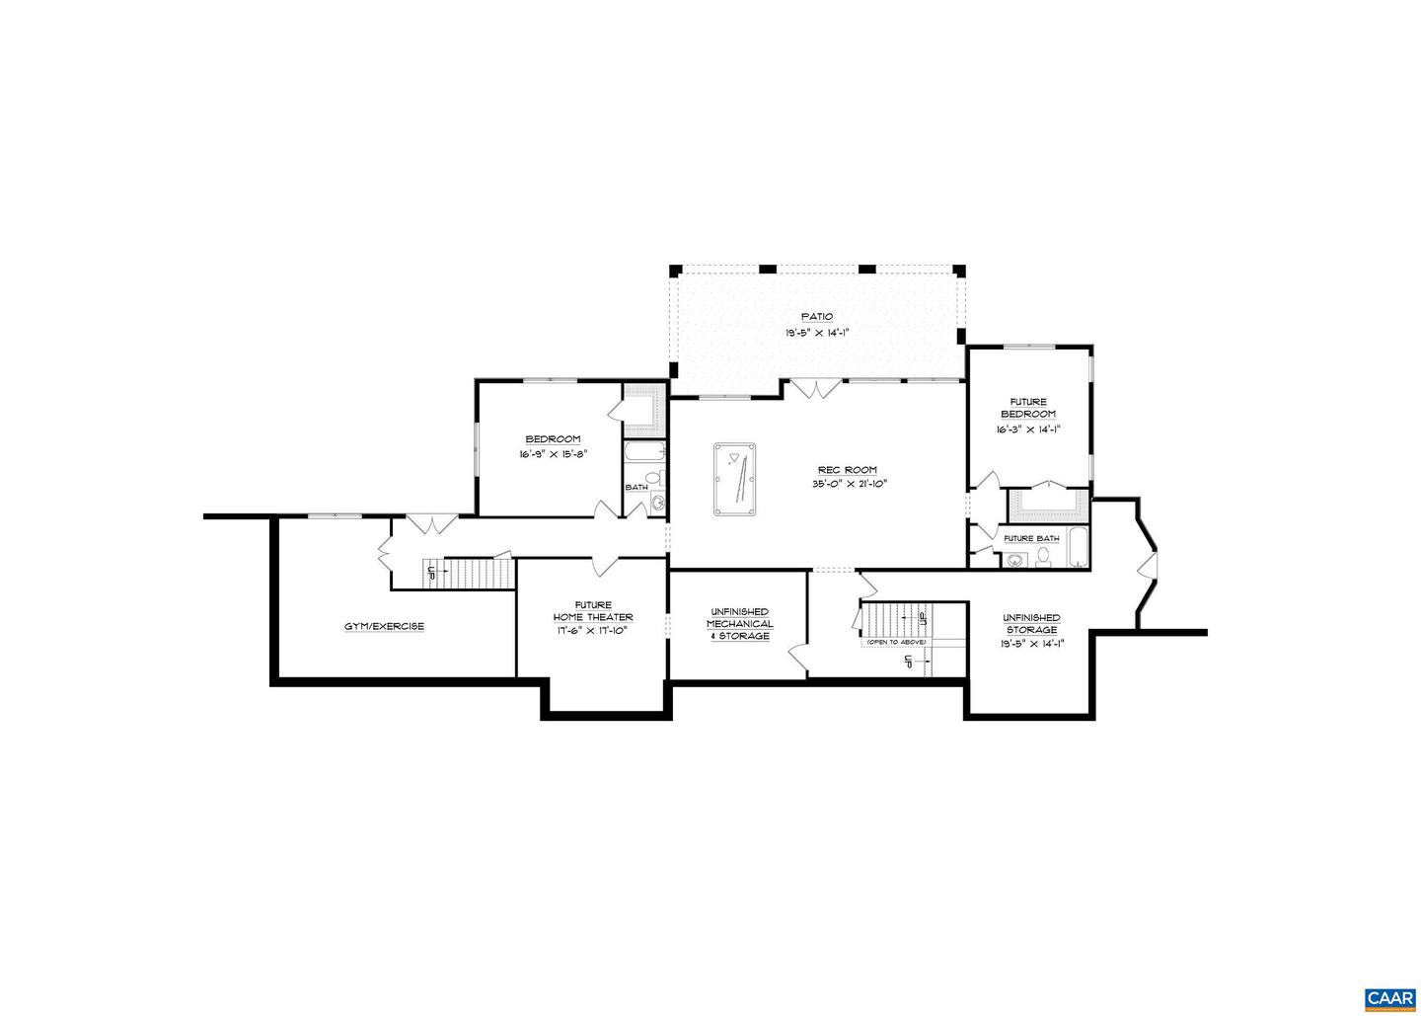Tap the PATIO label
pyautogui.click(x=816, y=317)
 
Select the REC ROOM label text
pyautogui.click(x=846, y=470)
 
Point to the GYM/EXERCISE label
pyautogui.click(x=384, y=626)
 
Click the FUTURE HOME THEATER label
pyautogui.click(x=592, y=611)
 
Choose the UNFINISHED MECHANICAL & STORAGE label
pyautogui.click(x=739, y=624)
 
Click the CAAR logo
pyautogui.click(x=1389, y=999)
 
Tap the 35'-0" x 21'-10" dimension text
pyautogui.click(x=846, y=484)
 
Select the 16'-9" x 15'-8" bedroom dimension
pyautogui.click(x=553, y=454)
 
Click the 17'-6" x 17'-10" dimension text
pyautogui.click(x=592, y=630)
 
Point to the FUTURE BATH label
pyautogui.click(x=1031, y=538)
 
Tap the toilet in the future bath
pyautogui.click(x=1043, y=559)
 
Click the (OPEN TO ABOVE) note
pyautogui.click(x=895, y=643)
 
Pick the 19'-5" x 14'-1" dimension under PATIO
pyautogui.click(x=816, y=333)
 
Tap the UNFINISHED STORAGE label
pyautogui.click(x=1031, y=624)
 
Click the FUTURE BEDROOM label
pyautogui.click(x=1027, y=408)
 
